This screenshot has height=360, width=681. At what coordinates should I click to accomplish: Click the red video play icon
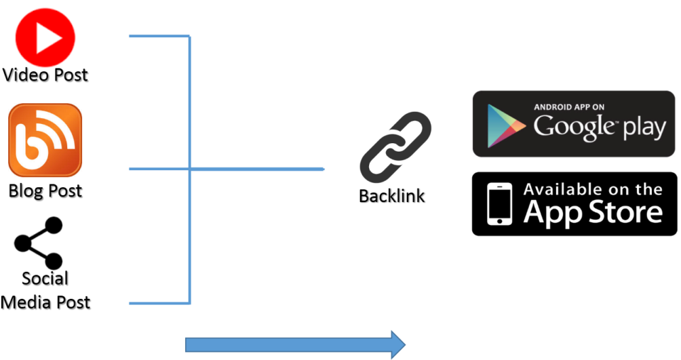45,37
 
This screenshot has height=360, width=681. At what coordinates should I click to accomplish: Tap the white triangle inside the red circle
47,37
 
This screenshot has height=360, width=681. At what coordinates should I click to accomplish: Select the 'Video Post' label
45,75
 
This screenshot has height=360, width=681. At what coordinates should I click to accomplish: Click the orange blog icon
45,140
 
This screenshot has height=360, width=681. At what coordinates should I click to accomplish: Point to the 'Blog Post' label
45,191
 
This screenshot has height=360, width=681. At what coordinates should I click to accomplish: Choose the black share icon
38,243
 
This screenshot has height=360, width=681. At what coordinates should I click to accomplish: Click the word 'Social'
45,279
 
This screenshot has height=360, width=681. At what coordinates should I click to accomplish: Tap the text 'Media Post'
45,302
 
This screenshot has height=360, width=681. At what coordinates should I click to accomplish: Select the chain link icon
395,147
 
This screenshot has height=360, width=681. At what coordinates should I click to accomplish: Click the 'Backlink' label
392,196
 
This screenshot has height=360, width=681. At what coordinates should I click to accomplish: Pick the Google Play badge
574,124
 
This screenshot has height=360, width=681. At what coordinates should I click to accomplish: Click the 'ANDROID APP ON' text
569,107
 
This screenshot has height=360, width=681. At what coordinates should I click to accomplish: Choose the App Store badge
574,204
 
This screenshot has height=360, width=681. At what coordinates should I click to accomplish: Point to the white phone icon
499,203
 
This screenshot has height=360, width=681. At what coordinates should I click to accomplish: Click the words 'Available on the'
593,189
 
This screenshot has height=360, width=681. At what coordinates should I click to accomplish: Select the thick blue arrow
295,345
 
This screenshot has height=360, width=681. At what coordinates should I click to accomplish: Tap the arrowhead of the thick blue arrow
398,345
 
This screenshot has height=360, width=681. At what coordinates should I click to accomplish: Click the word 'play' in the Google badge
644,128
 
